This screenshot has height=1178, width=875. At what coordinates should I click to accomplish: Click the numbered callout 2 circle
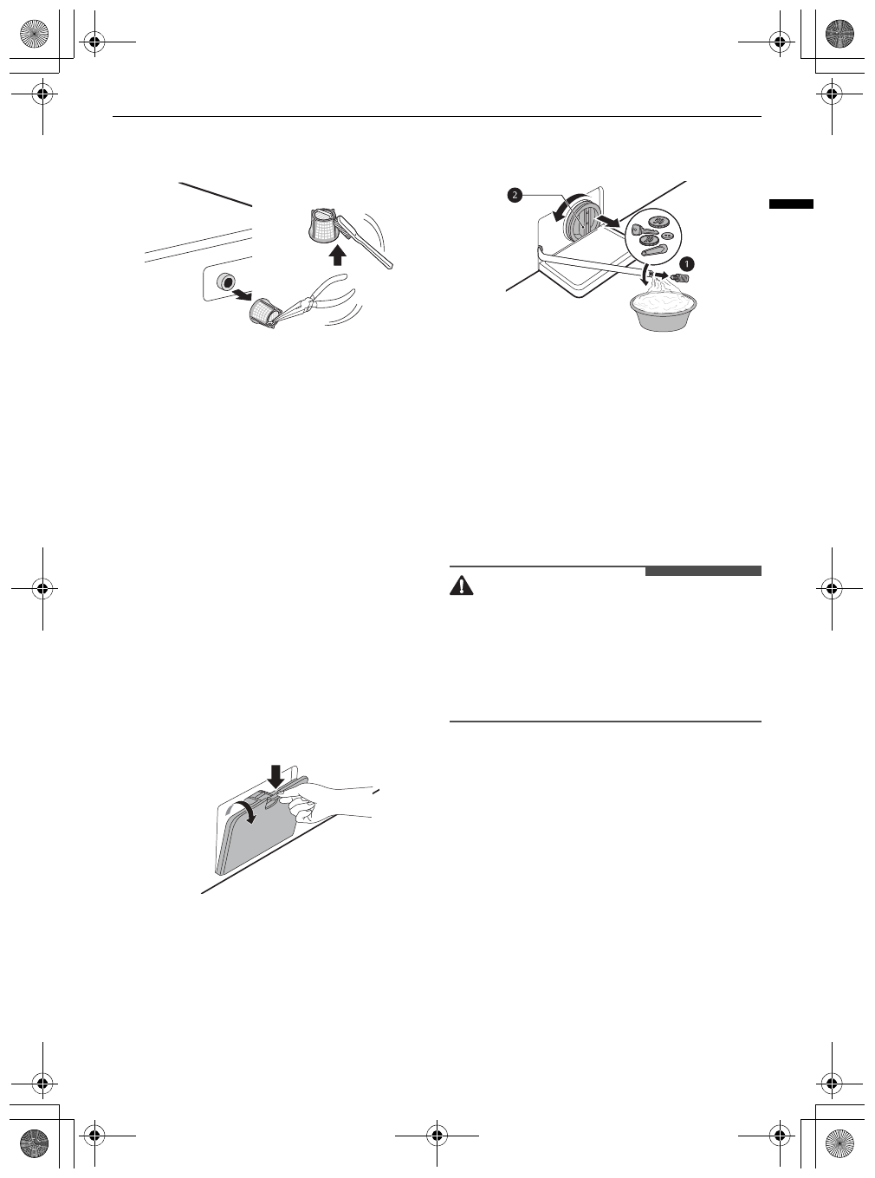point(515,196)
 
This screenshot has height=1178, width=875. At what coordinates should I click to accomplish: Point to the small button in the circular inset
point(668,236)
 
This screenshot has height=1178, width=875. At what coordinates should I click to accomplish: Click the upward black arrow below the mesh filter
point(339,255)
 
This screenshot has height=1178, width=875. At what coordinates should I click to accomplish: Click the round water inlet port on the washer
point(227,281)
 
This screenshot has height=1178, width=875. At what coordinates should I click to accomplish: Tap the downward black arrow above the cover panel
point(275,774)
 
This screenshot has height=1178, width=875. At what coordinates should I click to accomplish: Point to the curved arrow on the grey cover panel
point(245,813)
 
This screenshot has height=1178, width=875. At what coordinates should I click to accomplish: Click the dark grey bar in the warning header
point(703,571)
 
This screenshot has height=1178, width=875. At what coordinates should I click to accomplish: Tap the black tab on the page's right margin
point(791,204)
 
